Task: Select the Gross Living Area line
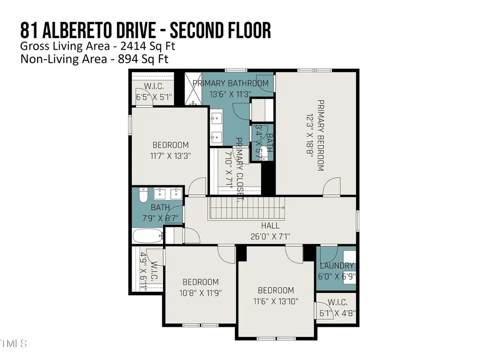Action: coord(98,46)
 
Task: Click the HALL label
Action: coord(270,226)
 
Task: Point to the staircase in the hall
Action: coord(247,208)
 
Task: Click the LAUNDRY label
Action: coord(336,266)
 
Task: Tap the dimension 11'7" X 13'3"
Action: coord(171,155)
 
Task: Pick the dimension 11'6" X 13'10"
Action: coord(276,301)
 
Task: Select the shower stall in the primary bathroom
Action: coord(193,89)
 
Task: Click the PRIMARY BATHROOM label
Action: coord(231,83)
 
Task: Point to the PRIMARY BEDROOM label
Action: coord(321,135)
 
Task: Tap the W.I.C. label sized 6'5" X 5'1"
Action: coord(153,86)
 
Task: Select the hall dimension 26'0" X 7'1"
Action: coord(270,236)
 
